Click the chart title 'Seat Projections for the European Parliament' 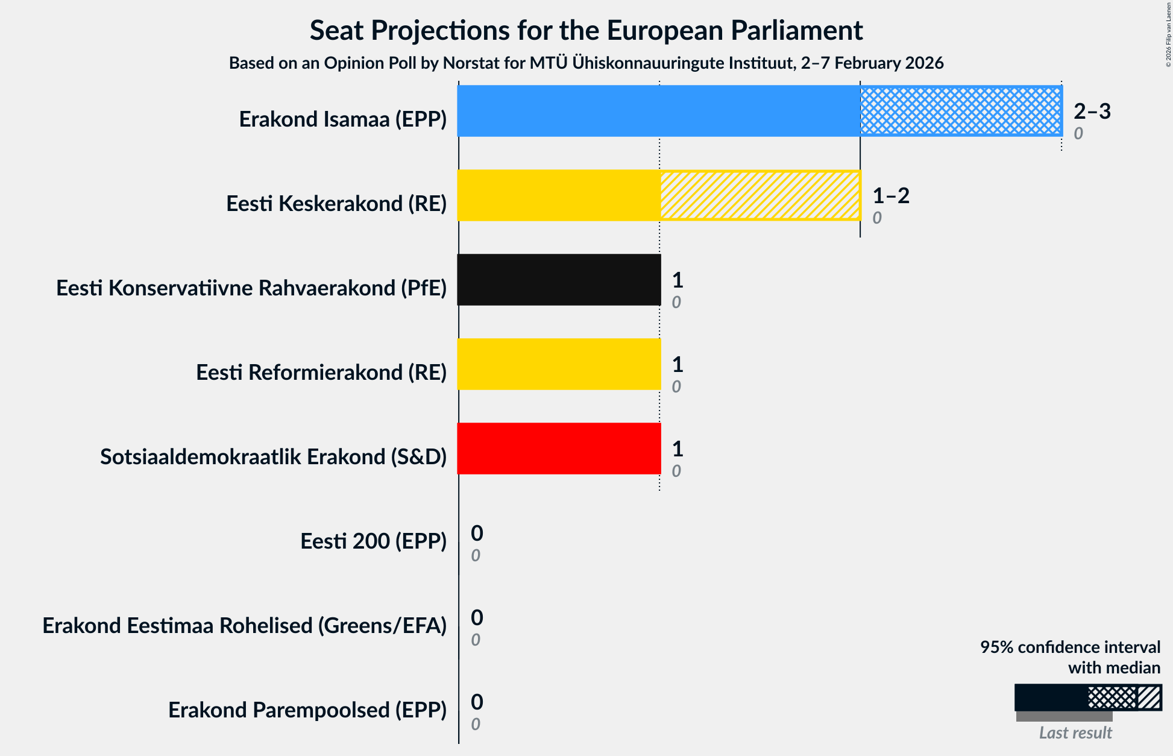[x=586, y=30]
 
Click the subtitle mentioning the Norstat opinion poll [x=586, y=63]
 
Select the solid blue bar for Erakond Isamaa [x=658, y=111]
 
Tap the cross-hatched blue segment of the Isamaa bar [x=960, y=111]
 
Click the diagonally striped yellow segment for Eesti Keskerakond [x=759, y=195]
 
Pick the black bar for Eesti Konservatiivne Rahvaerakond [x=559, y=280]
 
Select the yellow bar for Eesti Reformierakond [x=559, y=364]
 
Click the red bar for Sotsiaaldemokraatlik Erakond [x=559, y=449]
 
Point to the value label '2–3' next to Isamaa [x=1092, y=111]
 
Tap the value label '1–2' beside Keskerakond [x=890, y=195]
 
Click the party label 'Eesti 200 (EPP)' [x=373, y=541]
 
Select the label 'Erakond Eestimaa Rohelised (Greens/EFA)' [x=244, y=626]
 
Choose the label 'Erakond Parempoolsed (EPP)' [x=307, y=710]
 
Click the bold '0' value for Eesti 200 [x=477, y=533]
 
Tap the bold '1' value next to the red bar [x=678, y=449]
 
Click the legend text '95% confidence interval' [x=1069, y=647]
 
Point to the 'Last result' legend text [x=1075, y=732]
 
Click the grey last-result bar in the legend [x=1064, y=716]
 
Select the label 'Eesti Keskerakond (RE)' [x=336, y=204]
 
